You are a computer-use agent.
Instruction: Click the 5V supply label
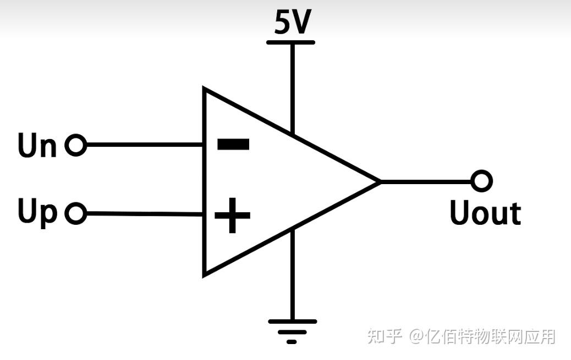pos(293,23)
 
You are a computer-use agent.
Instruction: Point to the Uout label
pos(485,213)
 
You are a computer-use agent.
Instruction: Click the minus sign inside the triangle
pos(233,145)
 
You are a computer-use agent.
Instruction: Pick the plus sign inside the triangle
pos(232,215)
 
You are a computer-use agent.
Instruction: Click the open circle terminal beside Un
pos(76,146)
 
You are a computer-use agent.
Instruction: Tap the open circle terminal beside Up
pos(76,213)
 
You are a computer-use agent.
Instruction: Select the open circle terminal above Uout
pos(481,181)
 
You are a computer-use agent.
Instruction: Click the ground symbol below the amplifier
pos(292,330)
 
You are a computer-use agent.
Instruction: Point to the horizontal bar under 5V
pos(290,42)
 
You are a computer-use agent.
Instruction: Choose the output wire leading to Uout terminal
pos(426,181)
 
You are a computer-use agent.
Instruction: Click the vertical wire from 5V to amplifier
pos(292,88)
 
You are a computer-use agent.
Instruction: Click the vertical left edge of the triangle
pos(205,181)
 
